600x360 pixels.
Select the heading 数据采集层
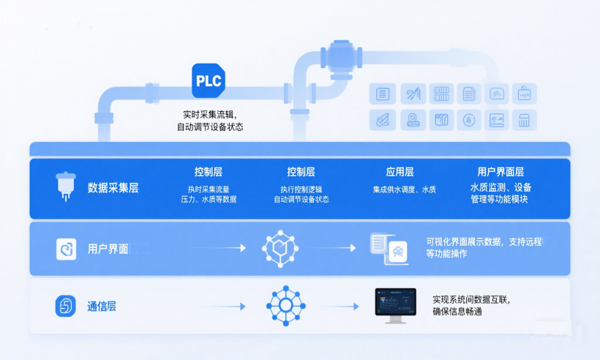(x=113, y=188)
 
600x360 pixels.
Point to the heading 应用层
(x=400, y=173)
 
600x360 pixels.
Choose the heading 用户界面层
(x=500, y=173)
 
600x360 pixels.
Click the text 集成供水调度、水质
(x=404, y=190)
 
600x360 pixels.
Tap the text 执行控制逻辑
(x=301, y=190)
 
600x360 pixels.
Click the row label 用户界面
(x=108, y=249)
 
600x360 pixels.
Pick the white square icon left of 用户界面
(x=67, y=250)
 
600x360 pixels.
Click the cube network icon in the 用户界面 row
(x=280, y=249)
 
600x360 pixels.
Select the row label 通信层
(x=102, y=306)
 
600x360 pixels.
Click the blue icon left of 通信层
(x=66, y=306)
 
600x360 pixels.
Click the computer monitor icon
(x=395, y=304)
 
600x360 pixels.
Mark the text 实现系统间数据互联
(x=470, y=299)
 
